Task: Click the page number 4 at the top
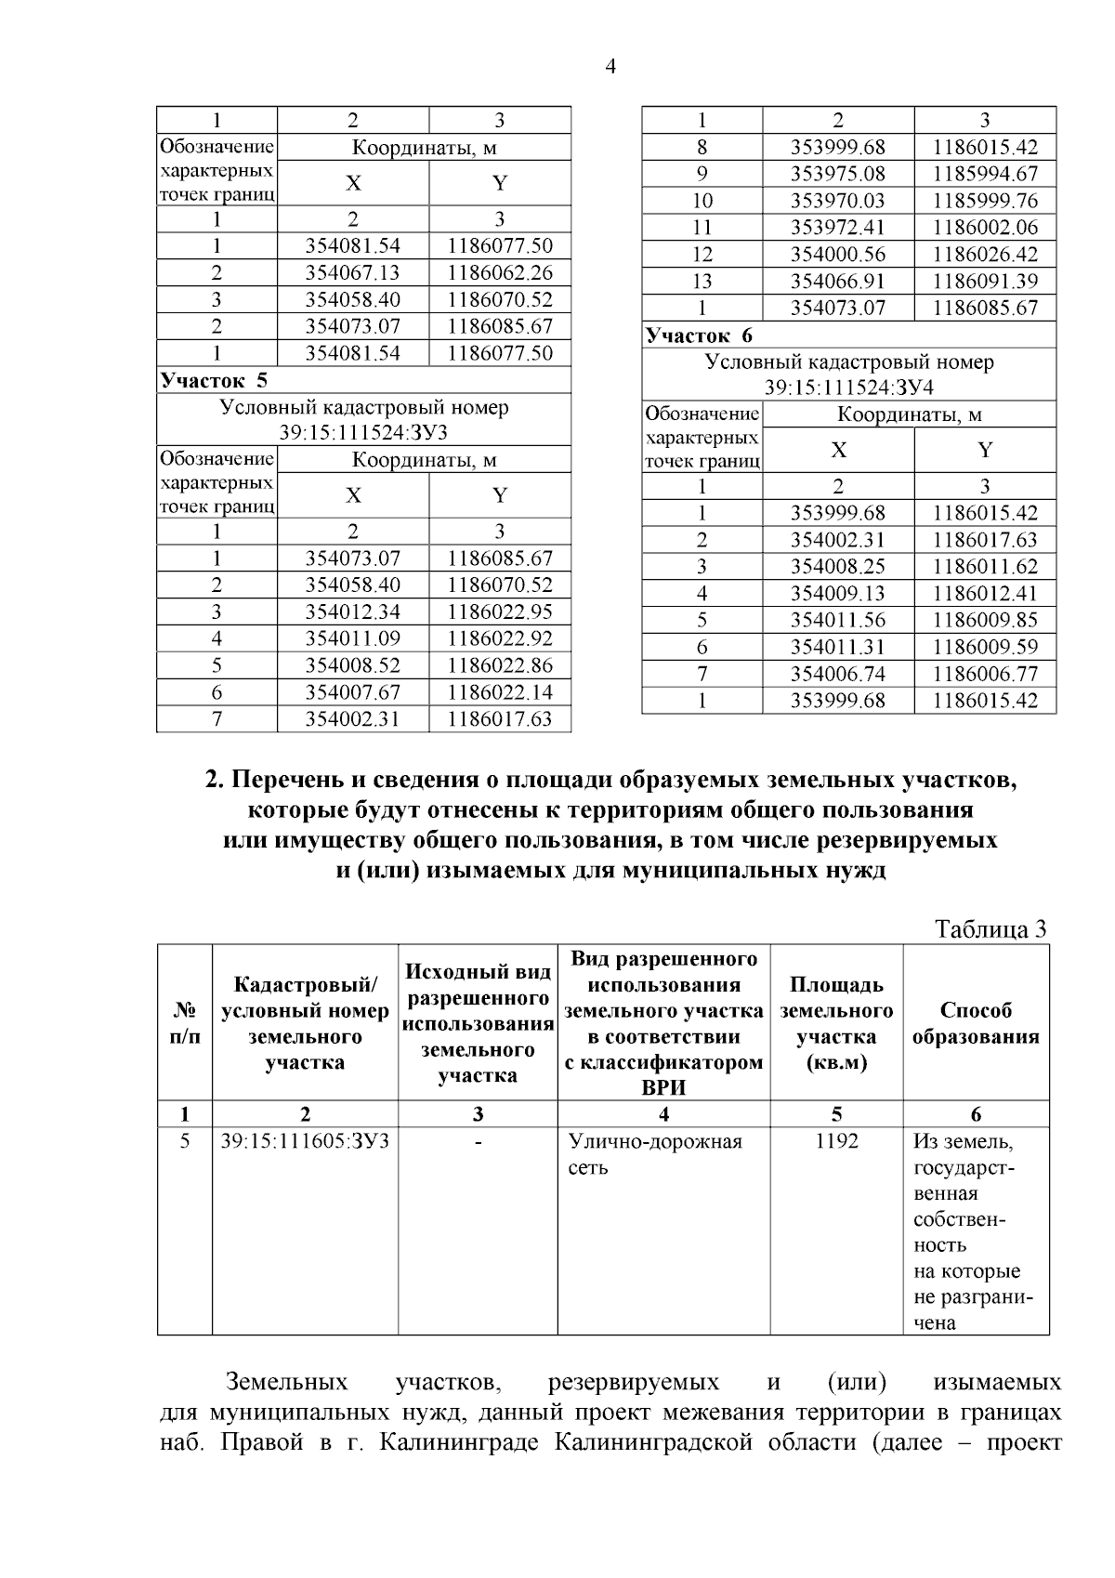coord(610,67)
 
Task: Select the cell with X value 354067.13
coord(353,273)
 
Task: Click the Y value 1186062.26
coord(500,273)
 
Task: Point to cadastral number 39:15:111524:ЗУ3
coord(363,432)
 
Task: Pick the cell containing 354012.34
coord(353,611)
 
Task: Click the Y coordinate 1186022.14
coord(500,692)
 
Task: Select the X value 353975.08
coord(838,174)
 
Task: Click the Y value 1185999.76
coord(985,201)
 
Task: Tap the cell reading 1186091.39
coord(985,282)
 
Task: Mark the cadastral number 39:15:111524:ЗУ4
coord(848,388)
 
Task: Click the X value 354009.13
coord(838,594)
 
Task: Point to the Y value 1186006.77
coord(985,675)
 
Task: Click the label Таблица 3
coord(990,929)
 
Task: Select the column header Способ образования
coord(976,1023)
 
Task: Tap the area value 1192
coord(836,1141)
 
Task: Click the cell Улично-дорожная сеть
coord(655,1153)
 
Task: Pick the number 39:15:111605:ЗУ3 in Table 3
coord(305,1141)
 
